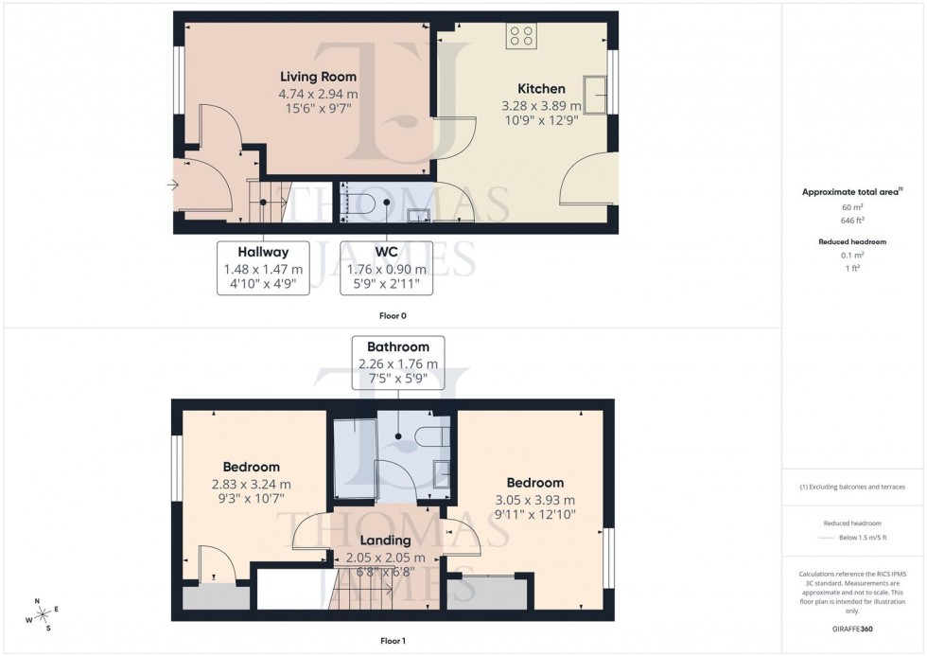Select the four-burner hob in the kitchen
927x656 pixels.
tap(519, 36)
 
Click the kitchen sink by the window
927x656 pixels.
tap(597, 93)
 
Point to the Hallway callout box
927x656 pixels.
tap(263, 267)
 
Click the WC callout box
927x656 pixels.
tap(386, 267)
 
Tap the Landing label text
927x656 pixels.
tap(386, 541)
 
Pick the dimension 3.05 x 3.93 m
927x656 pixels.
tap(534, 500)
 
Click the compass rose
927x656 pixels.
tap(42, 613)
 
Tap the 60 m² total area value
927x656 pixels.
tap(852, 206)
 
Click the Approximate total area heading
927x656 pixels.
tap(852, 191)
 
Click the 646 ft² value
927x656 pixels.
tap(852, 219)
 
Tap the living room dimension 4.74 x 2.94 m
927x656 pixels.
tap(318, 94)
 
